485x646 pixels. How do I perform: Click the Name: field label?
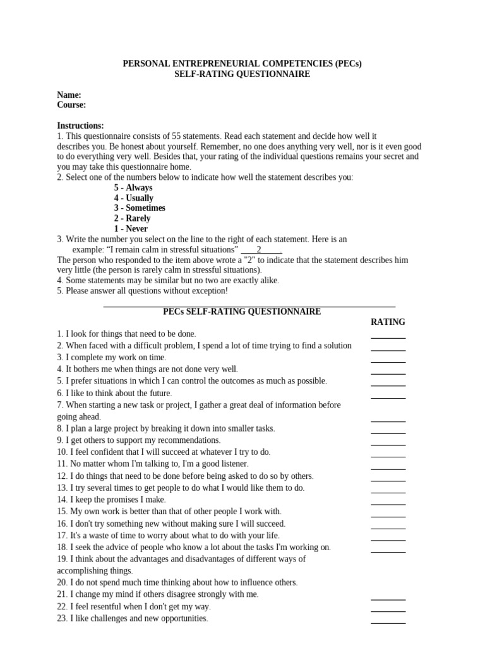pos(69,95)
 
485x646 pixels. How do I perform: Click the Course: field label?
pos(71,105)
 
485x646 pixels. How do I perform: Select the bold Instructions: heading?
pos(80,126)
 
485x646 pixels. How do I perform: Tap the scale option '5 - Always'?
pos(133,187)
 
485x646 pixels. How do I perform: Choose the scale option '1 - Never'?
pos(131,228)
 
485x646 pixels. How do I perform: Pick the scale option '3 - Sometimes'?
pos(140,208)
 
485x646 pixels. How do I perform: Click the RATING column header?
pos(388,322)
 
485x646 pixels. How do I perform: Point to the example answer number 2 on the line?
pos(259,249)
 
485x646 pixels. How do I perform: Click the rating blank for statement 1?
pos(388,337)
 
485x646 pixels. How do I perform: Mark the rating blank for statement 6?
pos(388,397)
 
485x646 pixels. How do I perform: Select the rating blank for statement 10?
pos(388,455)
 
